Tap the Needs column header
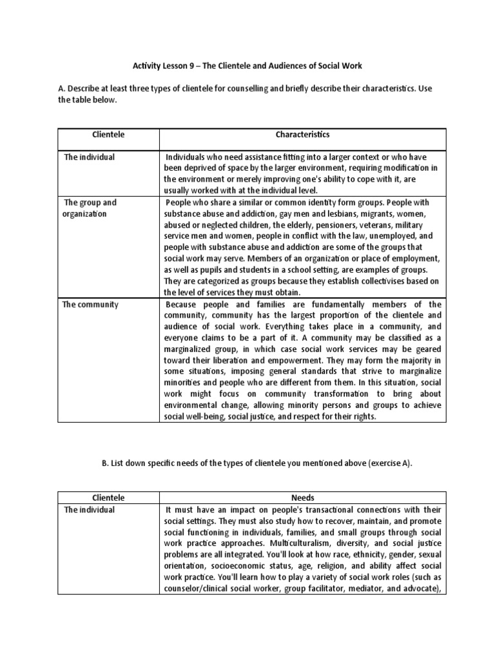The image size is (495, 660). click(302, 498)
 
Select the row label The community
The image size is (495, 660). click(90, 304)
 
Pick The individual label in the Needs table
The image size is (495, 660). click(89, 510)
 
